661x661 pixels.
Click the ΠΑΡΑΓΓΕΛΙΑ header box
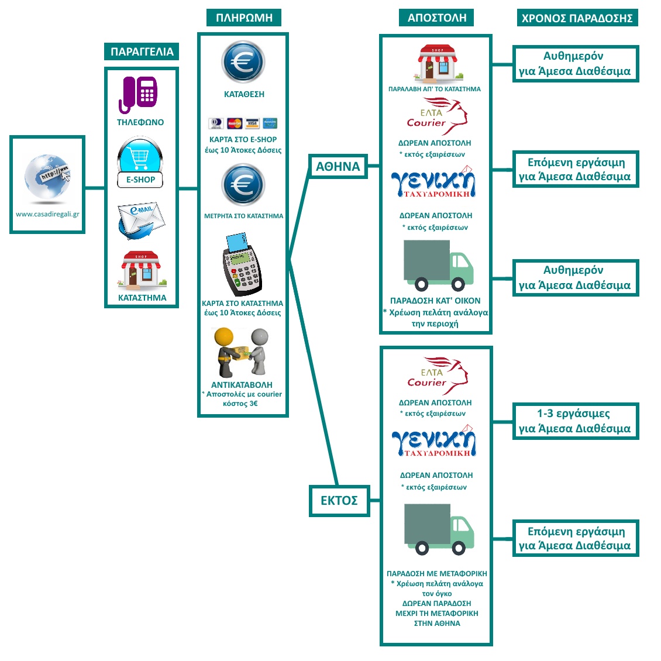(142, 51)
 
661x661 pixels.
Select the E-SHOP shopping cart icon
(140, 156)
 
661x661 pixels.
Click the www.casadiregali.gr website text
(47, 214)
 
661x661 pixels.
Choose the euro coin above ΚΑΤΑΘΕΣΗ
(243, 62)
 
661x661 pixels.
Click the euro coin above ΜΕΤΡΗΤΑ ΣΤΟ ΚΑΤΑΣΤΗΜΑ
(243, 185)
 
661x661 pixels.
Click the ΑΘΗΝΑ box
(338, 167)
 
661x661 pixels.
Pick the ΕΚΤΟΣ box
(339, 501)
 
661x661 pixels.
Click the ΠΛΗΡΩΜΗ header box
(244, 18)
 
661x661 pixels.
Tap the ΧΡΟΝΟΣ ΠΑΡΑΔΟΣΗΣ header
(577, 18)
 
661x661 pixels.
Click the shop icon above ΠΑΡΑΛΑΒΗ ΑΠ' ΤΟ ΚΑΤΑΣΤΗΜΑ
(436, 63)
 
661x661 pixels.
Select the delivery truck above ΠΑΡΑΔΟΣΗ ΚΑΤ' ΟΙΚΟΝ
(438, 266)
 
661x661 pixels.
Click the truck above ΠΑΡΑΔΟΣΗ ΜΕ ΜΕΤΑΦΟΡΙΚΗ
(438, 529)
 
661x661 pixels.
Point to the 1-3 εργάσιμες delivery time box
(576, 421)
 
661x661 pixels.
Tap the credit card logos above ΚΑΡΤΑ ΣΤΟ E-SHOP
(243, 123)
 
